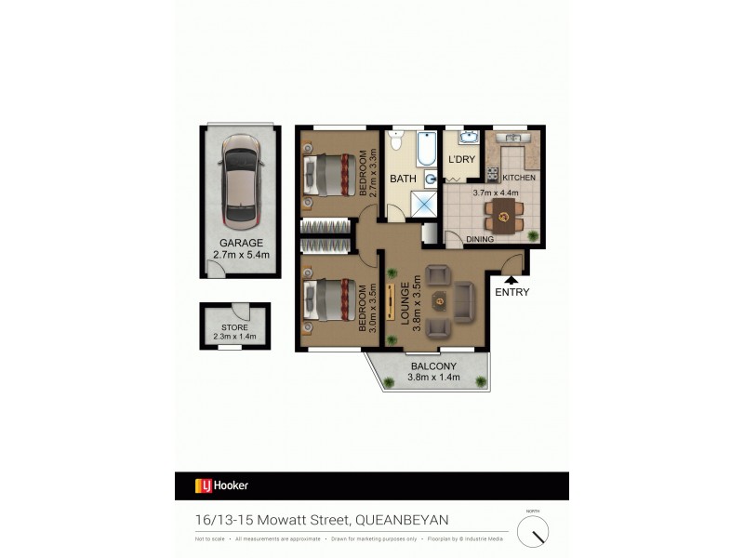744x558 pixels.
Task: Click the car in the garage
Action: (241, 182)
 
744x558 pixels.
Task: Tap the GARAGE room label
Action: (241, 243)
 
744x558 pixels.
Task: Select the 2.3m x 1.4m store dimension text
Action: (233, 337)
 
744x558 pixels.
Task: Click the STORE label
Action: (233, 326)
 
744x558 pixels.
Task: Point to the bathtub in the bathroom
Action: (426, 149)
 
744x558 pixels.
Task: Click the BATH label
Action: (403, 179)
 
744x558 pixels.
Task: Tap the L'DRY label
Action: (461, 160)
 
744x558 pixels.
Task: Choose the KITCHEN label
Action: (518, 177)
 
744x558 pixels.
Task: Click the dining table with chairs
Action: (503, 219)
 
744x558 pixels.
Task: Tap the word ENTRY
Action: (511, 292)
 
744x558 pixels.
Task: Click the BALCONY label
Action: (435, 365)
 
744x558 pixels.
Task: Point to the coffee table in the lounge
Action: (439, 300)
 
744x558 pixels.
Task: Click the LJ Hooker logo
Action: (221, 485)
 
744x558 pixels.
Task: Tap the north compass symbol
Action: (532, 532)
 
